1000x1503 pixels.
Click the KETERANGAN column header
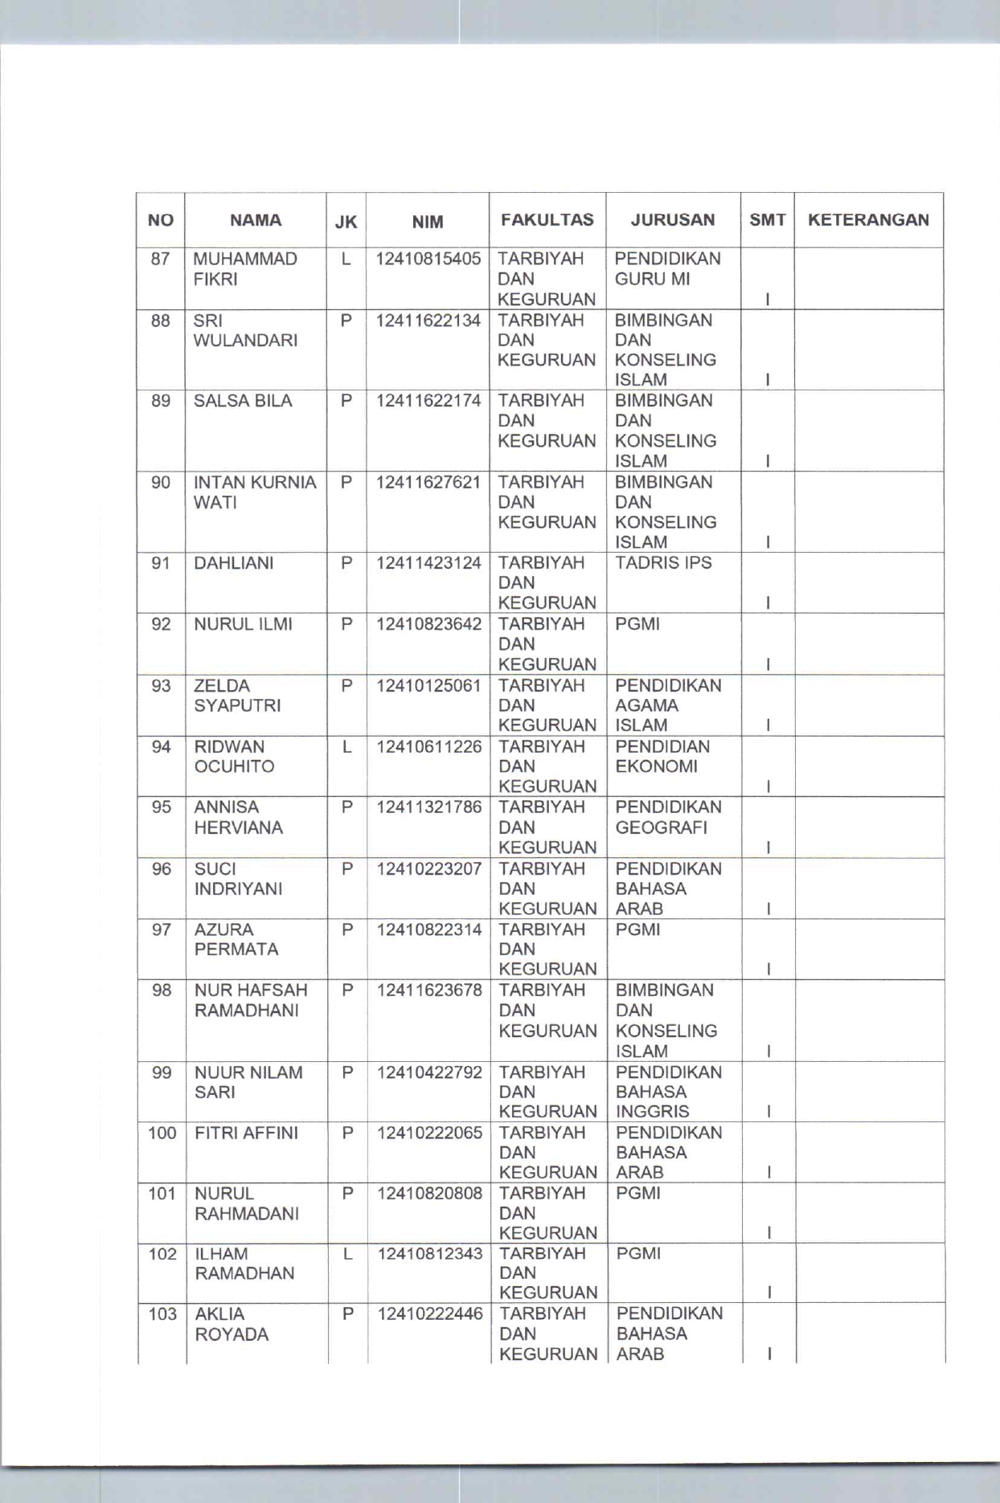pyautogui.click(x=868, y=220)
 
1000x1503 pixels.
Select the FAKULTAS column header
pyautogui.click(x=547, y=220)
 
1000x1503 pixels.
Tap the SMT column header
pyautogui.click(x=768, y=220)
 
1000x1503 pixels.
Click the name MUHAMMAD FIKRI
pyautogui.click(x=245, y=269)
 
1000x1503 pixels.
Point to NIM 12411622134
pyautogui.click(x=428, y=321)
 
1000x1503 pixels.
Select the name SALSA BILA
pyautogui.click(x=243, y=401)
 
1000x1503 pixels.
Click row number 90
pyautogui.click(x=161, y=482)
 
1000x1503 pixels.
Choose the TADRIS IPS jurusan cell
pyautogui.click(x=663, y=562)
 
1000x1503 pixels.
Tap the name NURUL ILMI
pyautogui.click(x=243, y=624)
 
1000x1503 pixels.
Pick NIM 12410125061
pyautogui.click(x=428, y=685)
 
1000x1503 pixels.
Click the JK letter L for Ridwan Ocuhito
pyautogui.click(x=347, y=747)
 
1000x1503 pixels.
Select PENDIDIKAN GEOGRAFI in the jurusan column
pyautogui.click(x=668, y=817)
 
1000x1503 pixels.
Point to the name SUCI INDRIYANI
pyautogui.click(x=238, y=879)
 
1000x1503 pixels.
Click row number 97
pyautogui.click(x=162, y=929)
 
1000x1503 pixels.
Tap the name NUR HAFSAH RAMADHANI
pyautogui.click(x=250, y=1000)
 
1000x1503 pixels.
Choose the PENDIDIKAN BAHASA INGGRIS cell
pyautogui.click(x=669, y=1092)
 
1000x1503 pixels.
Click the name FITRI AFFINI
pyautogui.click(x=246, y=1133)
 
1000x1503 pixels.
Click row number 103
pyautogui.click(x=162, y=1314)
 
